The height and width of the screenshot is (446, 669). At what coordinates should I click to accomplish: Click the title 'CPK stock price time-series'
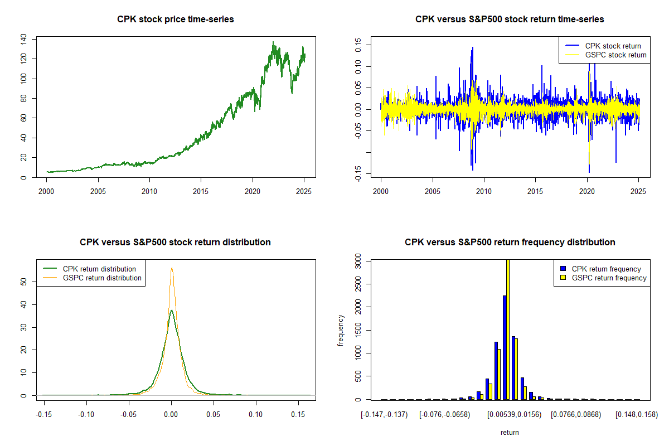[x=175, y=20]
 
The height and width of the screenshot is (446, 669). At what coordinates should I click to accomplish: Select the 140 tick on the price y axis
[x=23, y=38]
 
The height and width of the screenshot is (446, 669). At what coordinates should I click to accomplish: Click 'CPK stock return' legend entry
[x=613, y=46]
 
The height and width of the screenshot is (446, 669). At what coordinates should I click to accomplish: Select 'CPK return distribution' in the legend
[x=99, y=269]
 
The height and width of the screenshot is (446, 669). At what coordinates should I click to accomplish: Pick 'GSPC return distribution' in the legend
[x=102, y=278]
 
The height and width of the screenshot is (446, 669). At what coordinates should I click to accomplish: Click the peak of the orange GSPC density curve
[x=172, y=268]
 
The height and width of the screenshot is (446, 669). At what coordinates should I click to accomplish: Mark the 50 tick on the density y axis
[x=23, y=282]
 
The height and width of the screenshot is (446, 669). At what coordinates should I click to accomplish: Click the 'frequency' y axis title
[x=341, y=330]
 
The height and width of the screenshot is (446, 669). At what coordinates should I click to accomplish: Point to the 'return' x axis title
[x=510, y=432]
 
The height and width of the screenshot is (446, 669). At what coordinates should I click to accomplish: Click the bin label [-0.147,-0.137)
[x=385, y=415]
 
